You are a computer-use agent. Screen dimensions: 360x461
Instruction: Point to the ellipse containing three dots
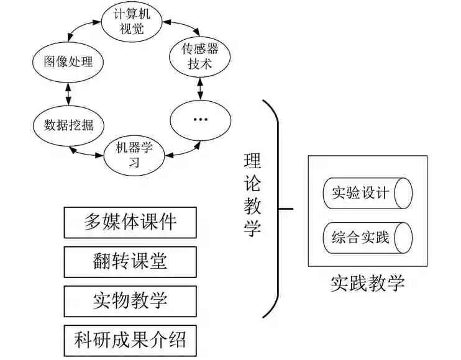[x=199, y=119]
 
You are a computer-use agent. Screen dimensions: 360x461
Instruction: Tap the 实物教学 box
[x=130, y=301]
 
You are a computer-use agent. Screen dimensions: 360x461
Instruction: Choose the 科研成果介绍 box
[x=130, y=340]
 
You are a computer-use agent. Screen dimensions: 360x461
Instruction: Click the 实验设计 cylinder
[x=367, y=193]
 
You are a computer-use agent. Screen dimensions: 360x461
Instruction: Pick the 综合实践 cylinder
[x=367, y=236]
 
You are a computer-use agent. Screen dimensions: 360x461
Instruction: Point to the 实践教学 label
[x=368, y=284]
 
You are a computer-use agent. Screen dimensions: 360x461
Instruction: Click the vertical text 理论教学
[x=252, y=196]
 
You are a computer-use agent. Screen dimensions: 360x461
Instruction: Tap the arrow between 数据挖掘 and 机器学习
[x=87, y=151]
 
